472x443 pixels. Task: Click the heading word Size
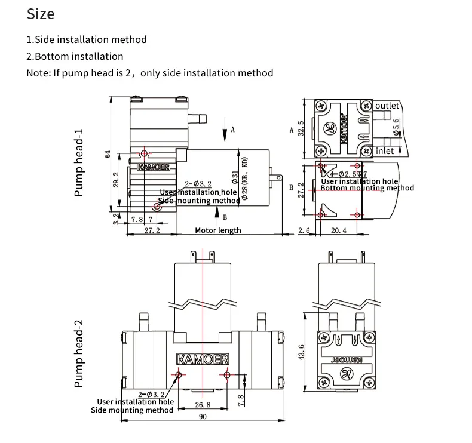pos(41,14)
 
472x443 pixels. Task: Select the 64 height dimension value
pos(108,154)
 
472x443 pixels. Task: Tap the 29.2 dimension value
pos(116,179)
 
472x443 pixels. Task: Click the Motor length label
pos(218,230)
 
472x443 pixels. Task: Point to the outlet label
pos(387,106)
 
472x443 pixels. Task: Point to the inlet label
pos(385,151)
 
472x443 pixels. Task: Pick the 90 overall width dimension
pos(203,417)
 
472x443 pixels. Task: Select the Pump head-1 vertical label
pos(78,164)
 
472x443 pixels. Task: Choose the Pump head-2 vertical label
pos(78,353)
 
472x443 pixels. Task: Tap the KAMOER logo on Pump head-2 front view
pos(203,359)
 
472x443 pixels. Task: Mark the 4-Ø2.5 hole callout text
pos(343,174)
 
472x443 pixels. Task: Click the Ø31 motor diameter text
pos(235,177)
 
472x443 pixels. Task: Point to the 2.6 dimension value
pos(305,230)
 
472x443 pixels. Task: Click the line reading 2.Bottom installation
pos(75,56)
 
